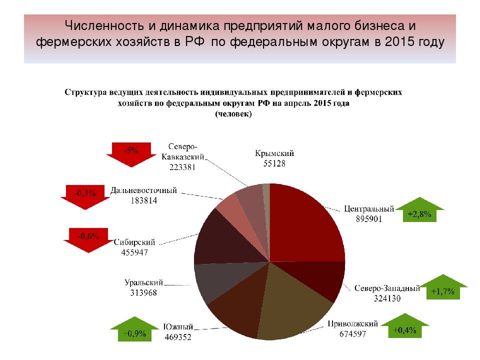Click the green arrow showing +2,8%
pyautogui.click(x=419, y=210)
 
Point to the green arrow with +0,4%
pyautogui.click(x=404, y=326)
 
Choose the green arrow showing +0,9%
pyautogui.click(x=134, y=329)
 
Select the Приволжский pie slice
pyautogui.click(x=291, y=306)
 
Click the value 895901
pyautogui.click(x=369, y=219)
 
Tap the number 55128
pyautogui.click(x=274, y=163)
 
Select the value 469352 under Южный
pyautogui.click(x=178, y=337)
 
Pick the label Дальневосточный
pyautogui.click(x=143, y=190)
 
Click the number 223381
pyautogui.click(x=182, y=167)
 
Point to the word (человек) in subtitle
pyautogui.click(x=233, y=114)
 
